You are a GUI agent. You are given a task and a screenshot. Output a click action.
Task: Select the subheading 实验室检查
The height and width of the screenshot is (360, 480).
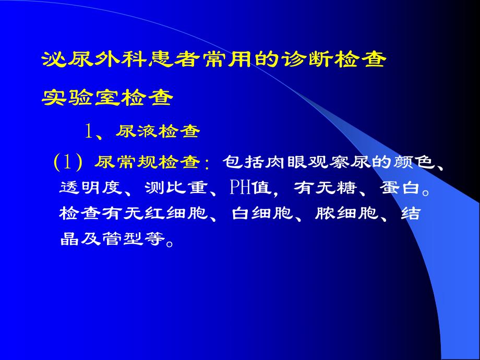pyautogui.click(x=107, y=97)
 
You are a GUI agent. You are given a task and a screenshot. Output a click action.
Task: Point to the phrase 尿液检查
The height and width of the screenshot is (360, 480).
pyautogui.click(x=158, y=131)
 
